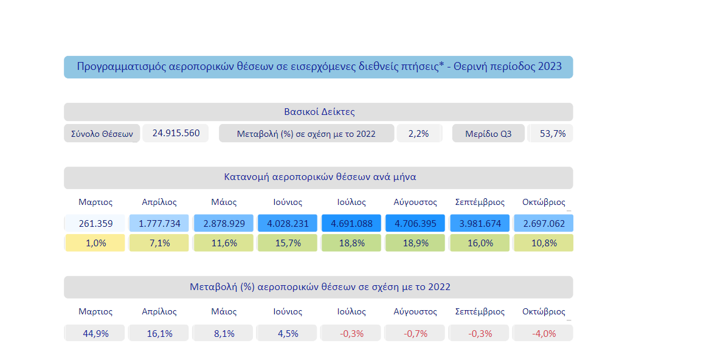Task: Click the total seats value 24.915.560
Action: click(176, 133)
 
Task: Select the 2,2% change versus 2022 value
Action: click(418, 134)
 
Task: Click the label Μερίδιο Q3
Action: click(488, 134)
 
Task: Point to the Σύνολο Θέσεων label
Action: click(102, 134)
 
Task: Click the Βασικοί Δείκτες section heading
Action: click(319, 112)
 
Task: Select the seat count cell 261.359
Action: click(95, 224)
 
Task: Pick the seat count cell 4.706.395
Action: click(415, 224)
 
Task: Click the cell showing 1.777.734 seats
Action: click(159, 224)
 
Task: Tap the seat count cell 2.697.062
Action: click(544, 224)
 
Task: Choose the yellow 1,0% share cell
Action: click(95, 243)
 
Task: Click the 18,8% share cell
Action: click(351, 243)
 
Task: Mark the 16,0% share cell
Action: click(480, 243)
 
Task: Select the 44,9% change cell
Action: click(95, 333)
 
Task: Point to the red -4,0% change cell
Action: click(544, 333)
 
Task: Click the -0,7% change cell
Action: click(415, 333)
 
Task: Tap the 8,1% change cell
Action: click(224, 333)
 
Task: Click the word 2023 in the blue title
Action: click(550, 67)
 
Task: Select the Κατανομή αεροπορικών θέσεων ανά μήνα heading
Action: click(319, 178)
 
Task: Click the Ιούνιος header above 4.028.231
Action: click(288, 202)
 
